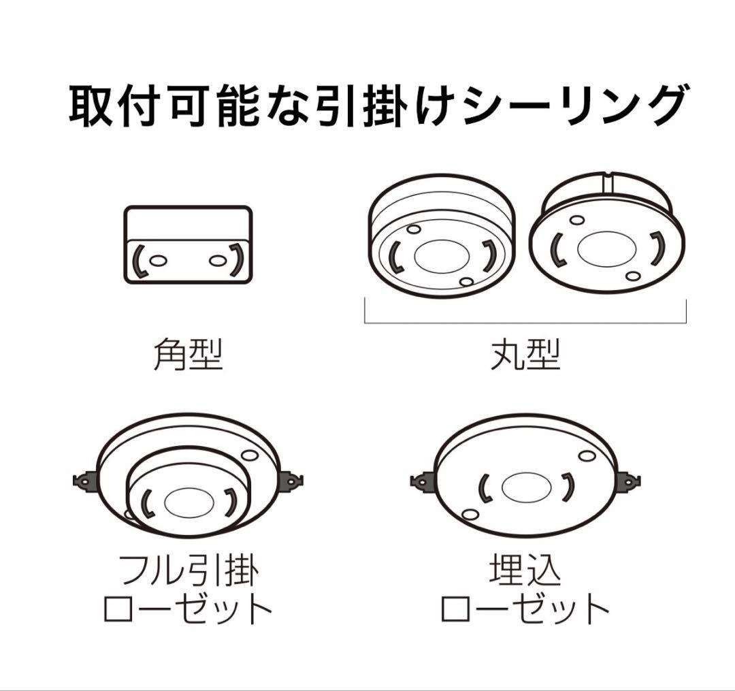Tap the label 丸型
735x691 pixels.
point(525,355)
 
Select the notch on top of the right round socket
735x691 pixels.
point(608,181)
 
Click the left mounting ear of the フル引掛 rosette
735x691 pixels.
point(84,481)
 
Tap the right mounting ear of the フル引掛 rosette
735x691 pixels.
point(293,480)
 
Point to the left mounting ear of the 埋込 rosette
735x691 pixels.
point(422,481)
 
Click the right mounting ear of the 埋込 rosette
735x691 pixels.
point(628,481)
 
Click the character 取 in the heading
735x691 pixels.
point(91,106)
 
